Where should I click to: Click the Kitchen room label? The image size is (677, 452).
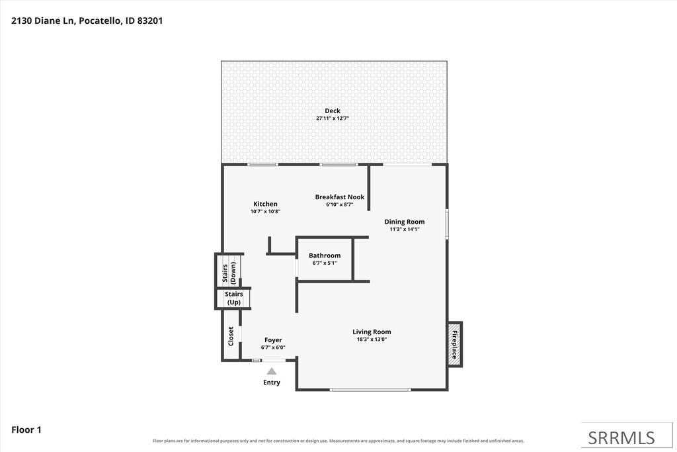[265, 204]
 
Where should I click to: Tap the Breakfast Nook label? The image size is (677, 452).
[340, 197]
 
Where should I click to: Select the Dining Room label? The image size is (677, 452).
[405, 222]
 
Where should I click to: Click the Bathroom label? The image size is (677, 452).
[325, 255]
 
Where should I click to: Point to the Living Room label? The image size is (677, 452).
[372, 332]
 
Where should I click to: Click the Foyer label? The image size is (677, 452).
[273, 340]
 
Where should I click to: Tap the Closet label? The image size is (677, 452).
[231, 336]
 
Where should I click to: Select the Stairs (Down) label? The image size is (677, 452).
[229, 273]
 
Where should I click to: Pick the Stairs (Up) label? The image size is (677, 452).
[234, 298]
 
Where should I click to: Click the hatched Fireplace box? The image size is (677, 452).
[455, 344]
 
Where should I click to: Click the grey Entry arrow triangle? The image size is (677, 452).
[272, 371]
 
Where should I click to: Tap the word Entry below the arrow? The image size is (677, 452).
[272, 383]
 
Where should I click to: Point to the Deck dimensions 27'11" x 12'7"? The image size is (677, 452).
[333, 118]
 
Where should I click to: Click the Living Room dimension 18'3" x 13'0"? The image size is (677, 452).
[372, 339]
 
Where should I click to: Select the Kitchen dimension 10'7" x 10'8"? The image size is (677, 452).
[266, 211]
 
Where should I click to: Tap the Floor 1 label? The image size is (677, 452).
[26, 429]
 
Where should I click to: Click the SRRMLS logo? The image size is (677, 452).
[621, 438]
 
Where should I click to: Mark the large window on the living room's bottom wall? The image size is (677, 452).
[370, 390]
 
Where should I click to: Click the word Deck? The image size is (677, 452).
[333, 111]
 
